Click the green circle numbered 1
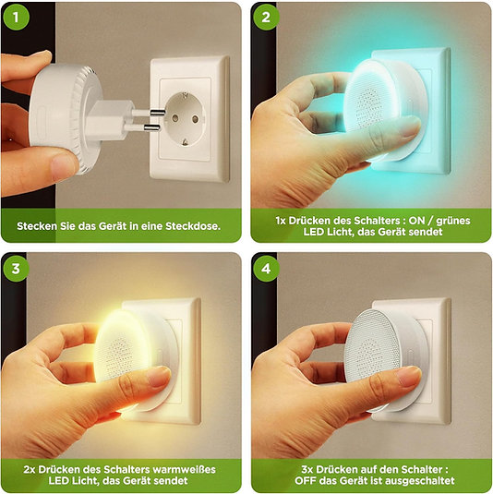point(16,17)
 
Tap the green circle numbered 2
point(266,17)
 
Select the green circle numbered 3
point(16,269)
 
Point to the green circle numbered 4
point(266,269)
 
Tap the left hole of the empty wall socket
point(175,118)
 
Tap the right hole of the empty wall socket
point(196,119)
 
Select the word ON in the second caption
point(416,221)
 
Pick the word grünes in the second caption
point(452,222)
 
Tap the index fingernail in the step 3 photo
point(160,376)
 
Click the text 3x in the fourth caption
point(307,469)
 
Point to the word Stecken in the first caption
point(37,226)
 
